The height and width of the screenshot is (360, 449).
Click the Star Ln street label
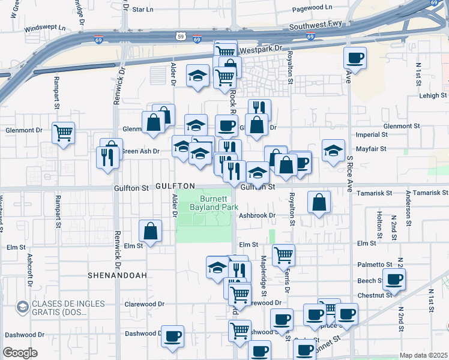(142, 10)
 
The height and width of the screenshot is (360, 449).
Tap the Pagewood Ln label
(312, 9)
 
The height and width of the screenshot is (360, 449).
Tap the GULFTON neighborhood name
(175, 187)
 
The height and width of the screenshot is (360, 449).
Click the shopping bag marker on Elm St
(150, 230)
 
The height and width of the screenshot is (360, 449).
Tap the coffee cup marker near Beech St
(394, 279)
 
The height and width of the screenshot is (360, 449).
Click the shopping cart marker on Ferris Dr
(283, 254)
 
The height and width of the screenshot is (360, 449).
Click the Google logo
(20, 352)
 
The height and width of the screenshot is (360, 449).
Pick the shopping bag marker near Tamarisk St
(319, 202)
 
